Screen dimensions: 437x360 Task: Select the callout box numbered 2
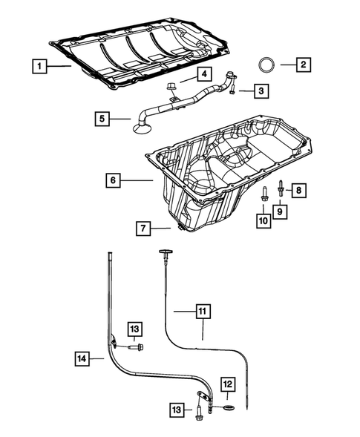pos(304,65)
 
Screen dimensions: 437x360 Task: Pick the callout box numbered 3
pos(261,91)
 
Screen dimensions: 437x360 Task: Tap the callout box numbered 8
pos(297,190)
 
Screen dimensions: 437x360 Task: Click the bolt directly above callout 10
pos(264,194)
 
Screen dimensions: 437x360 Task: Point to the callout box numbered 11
pos(203,312)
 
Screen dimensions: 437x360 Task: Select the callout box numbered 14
pos(84,359)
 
